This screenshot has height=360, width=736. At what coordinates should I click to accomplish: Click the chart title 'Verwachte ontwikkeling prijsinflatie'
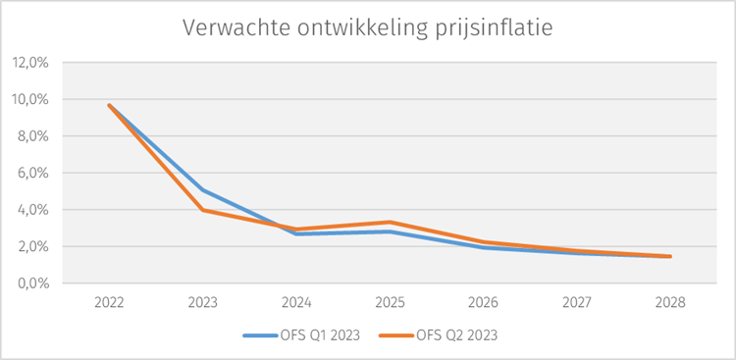click(x=368, y=27)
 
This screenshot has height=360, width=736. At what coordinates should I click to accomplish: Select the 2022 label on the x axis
click(x=109, y=303)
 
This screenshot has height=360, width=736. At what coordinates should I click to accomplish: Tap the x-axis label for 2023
click(x=202, y=303)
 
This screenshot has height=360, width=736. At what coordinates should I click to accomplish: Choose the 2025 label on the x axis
click(x=390, y=303)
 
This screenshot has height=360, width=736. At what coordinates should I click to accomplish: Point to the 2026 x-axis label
click(x=483, y=303)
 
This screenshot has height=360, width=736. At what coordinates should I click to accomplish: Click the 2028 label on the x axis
click(x=670, y=303)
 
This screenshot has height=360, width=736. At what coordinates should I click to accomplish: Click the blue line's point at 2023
click(x=202, y=190)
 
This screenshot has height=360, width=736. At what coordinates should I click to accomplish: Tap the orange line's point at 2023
click(x=202, y=210)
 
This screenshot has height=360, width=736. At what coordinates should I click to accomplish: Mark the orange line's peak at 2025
click(x=390, y=223)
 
